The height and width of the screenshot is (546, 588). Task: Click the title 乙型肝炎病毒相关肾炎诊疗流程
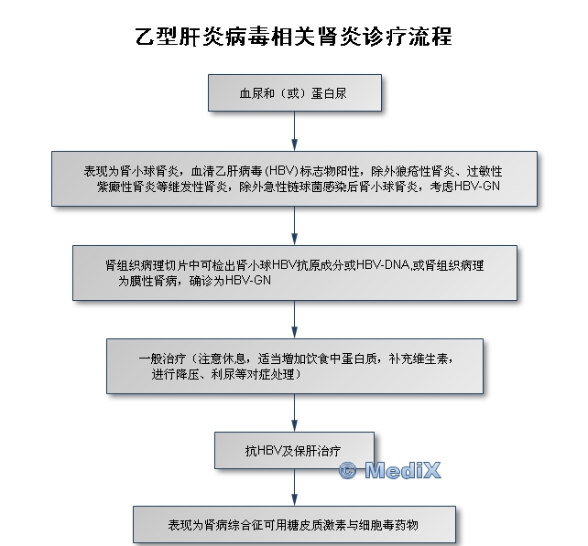pyautogui.click(x=294, y=37)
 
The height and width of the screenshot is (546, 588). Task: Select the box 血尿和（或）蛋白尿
pyautogui.click(x=295, y=93)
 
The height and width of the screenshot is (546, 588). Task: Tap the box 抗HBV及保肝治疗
pyautogui.click(x=294, y=451)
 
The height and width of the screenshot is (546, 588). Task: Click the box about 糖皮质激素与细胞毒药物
pyautogui.click(x=294, y=525)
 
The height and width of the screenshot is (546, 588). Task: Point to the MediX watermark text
pyautogui.click(x=403, y=470)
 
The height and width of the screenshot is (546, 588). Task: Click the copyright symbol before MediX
pyautogui.click(x=347, y=470)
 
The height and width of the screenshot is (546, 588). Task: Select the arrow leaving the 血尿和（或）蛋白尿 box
pyautogui.click(x=294, y=131)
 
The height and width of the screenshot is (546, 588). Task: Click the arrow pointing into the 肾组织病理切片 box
pyautogui.click(x=294, y=226)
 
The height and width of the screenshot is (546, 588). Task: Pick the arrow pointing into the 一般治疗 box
pyautogui.click(x=294, y=319)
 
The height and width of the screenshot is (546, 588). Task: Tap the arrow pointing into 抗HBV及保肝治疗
pyautogui.click(x=294, y=412)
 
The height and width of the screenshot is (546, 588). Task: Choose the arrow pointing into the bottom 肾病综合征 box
pyautogui.click(x=294, y=487)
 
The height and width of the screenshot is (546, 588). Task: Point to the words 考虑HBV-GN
pyautogui.click(x=464, y=187)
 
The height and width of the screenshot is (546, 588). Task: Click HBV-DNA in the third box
pyautogui.click(x=383, y=265)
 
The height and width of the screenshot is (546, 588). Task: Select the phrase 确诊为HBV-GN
pyautogui.click(x=230, y=281)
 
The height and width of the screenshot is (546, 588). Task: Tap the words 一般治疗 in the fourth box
pyautogui.click(x=162, y=359)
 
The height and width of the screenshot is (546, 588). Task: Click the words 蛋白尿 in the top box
pyautogui.click(x=329, y=93)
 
